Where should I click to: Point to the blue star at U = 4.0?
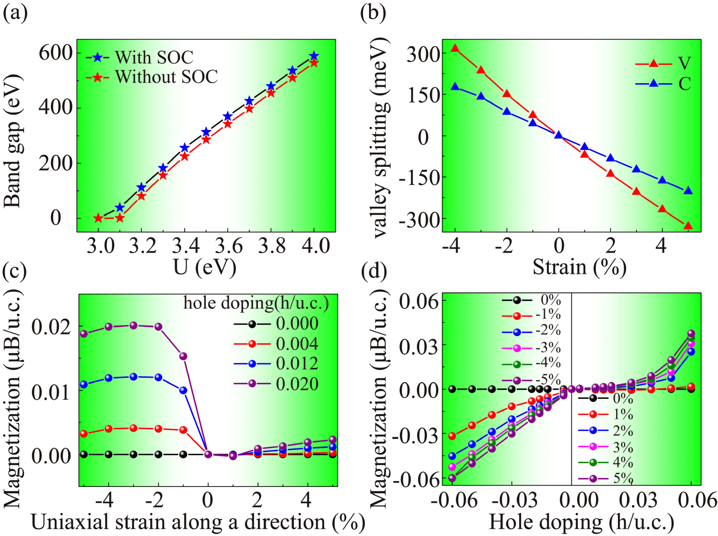(314, 56)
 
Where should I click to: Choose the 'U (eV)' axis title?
(205, 267)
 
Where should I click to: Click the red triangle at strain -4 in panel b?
(455, 48)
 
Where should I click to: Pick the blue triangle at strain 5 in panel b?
(688, 191)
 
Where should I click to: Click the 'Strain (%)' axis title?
(579, 267)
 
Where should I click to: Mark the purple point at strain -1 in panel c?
(183, 356)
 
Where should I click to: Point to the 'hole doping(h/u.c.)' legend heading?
(256, 303)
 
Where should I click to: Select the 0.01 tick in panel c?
(51, 392)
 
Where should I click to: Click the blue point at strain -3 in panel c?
(134, 377)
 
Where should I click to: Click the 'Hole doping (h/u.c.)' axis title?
(581, 522)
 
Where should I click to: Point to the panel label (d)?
(373, 271)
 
